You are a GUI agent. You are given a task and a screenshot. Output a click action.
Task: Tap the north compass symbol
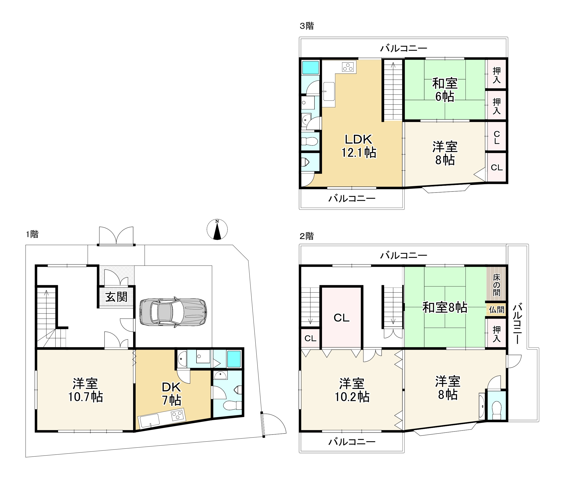217,229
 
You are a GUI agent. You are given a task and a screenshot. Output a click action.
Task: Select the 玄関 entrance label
116,297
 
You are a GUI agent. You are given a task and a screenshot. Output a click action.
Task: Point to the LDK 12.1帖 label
359,146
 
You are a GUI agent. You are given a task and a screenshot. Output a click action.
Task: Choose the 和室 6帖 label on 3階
445,90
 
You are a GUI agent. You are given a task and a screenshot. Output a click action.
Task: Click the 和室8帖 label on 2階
445,308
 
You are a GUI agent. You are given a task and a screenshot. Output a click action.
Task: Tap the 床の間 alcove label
496,285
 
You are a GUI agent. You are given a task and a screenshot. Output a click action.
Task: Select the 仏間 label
496,309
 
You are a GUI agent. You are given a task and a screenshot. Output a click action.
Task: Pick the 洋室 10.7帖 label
85,390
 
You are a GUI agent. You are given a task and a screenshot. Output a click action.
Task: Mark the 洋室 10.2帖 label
352,390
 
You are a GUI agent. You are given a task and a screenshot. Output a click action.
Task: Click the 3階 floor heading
307,26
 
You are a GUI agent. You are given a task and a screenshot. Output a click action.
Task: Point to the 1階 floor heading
32,234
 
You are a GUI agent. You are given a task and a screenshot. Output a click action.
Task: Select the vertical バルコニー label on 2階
517,324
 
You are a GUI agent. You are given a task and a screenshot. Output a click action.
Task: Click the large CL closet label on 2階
341,318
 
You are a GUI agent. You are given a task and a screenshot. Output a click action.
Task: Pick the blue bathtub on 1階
234,359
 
